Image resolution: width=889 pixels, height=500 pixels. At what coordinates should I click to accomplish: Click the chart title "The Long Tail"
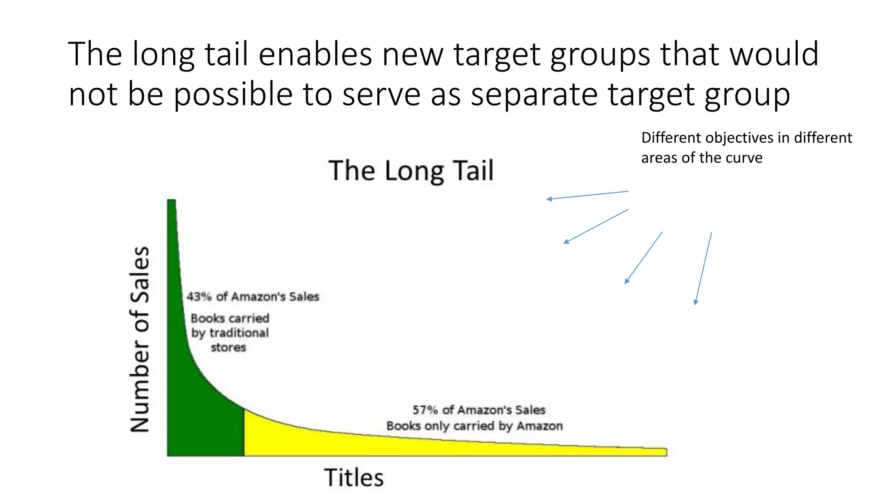[411, 171]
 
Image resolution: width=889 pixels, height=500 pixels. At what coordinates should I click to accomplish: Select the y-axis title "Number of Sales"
[140, 339]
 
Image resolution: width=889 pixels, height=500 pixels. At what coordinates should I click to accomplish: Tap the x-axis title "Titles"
[354, 478]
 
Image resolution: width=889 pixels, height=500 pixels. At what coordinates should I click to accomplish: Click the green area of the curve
[204, 417]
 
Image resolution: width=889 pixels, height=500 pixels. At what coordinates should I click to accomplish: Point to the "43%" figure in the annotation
[199, 297]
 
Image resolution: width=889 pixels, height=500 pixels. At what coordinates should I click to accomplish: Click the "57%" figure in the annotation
[425, 410]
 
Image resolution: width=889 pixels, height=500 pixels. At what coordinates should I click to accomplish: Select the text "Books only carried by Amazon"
[474, 426]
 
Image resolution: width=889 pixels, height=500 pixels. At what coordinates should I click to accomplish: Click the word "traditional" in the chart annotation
[239, 333]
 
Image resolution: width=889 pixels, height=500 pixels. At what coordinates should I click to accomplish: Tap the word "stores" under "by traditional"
[228, 348]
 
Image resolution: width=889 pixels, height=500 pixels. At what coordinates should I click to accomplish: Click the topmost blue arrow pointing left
[587, 195]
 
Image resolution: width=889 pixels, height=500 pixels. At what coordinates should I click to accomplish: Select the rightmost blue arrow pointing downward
[703, 268]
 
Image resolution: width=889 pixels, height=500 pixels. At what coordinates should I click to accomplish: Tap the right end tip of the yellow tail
[665, 452]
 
